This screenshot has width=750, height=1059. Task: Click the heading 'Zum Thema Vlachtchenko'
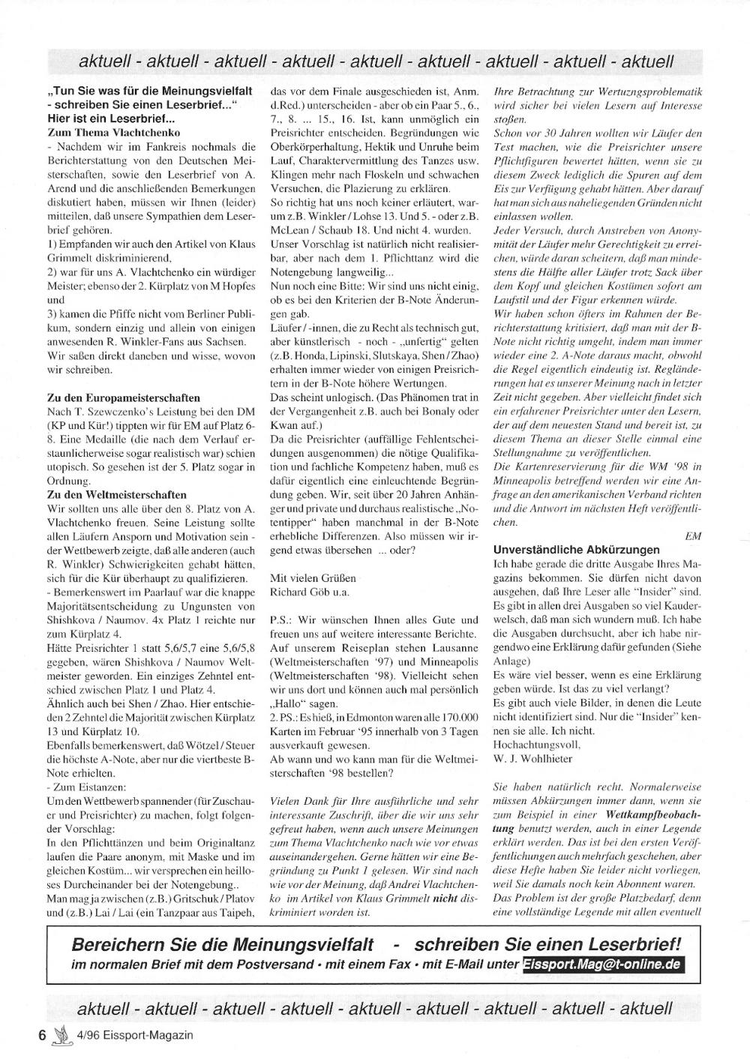(x=112, y=132)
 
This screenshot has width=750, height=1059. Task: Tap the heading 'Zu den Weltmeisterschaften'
(x=117, y=495)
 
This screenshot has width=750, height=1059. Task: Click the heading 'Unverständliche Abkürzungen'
(x=576, y=550)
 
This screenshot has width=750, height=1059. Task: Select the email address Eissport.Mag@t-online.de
(x=602, y=964)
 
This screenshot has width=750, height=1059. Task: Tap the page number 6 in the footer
(x=43, y=1035)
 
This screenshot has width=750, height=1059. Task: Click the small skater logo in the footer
(x=61, y=1034)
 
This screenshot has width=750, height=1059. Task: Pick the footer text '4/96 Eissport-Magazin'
(x=135, y=1035)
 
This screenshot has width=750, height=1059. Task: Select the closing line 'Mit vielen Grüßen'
(x=313, y=578)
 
